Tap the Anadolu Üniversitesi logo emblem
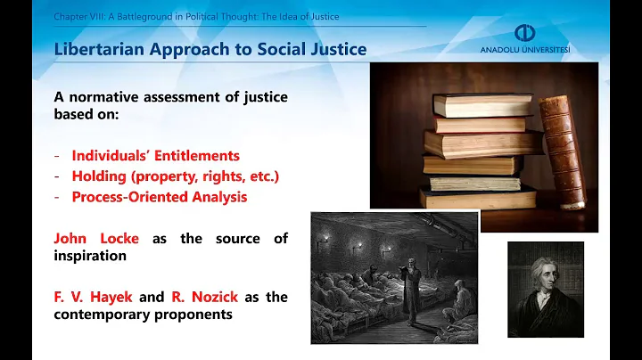525,32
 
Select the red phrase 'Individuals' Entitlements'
156,156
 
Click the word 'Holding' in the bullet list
99,176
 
